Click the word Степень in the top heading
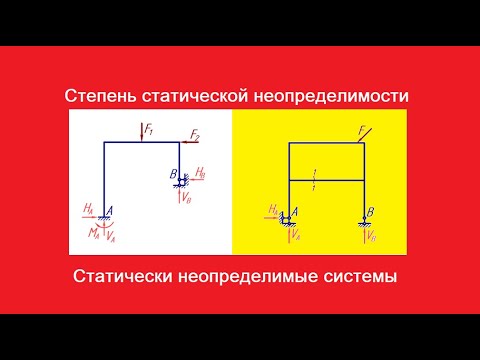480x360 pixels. point(97,95)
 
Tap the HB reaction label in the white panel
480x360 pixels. point(200,174)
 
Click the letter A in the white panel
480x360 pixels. point(108,208)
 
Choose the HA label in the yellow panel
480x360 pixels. point(272,210)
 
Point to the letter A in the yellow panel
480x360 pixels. point(289,211)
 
